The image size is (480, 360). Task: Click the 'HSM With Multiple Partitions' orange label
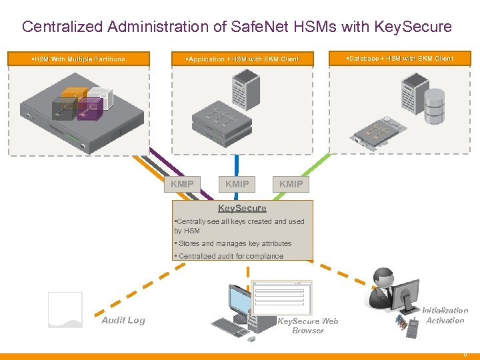click(x=79, y=59)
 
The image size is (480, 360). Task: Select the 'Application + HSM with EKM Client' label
click(x=243, y=59)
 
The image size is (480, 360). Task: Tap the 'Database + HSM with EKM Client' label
click(x=399, y=59)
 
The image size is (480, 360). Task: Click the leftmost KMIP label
click(x=182, y=184)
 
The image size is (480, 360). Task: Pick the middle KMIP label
click(x=237, y=184)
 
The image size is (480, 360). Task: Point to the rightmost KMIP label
click(x=291, y=184)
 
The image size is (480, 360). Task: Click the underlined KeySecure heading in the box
click(x=242, y=208)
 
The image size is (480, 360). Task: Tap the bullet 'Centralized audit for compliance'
click(x=228, y=256)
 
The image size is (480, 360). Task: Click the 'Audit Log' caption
click(x=123, y=320)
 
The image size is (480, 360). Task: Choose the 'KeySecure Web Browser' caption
click(x=308, y=325)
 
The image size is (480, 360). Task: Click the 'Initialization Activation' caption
click(x=445, y=315)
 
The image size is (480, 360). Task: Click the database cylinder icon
click(x=435, y=106)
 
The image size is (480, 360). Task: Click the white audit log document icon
click(x=65, y=310)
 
